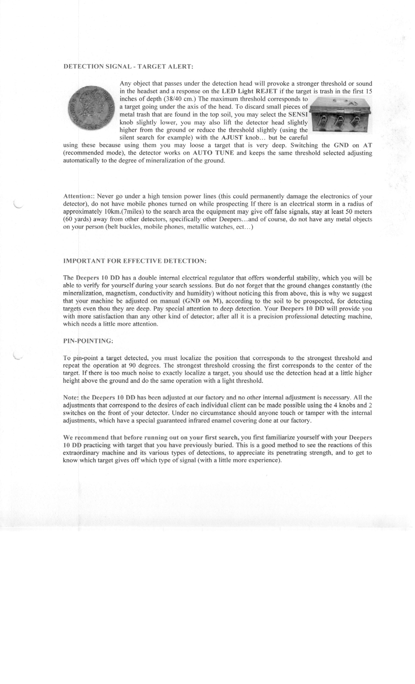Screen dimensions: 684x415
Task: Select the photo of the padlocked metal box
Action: (340, 114)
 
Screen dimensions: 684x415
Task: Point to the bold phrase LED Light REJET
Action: (249, 91)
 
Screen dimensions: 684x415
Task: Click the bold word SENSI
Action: (298, 114)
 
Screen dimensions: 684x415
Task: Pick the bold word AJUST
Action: (232, 137)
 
